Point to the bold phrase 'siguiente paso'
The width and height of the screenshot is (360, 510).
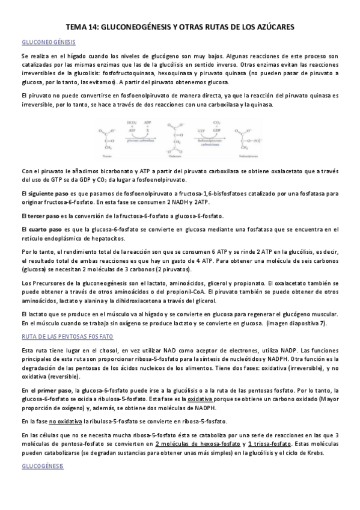47,194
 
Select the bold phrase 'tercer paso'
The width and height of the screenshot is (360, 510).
44,215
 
